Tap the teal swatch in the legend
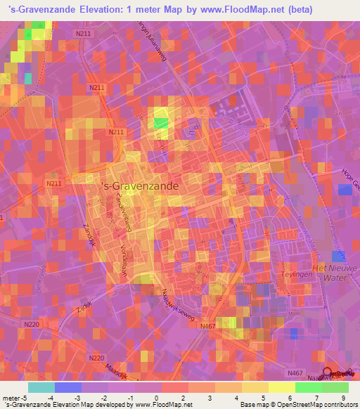(41, 387)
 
